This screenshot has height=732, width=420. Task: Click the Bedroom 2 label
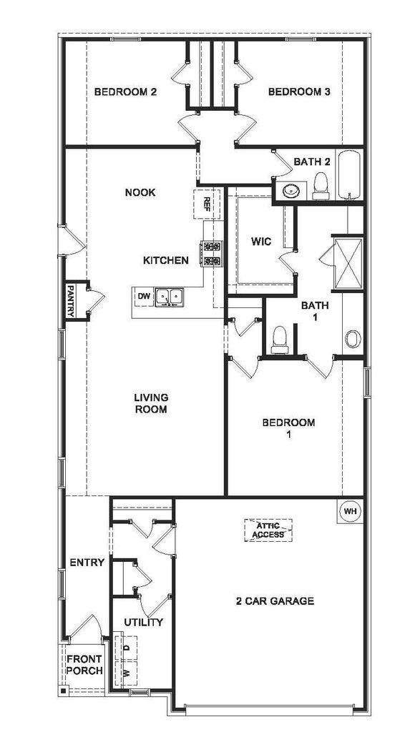tap(125, 91)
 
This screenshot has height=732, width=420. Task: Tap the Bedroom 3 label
tap(299, 91)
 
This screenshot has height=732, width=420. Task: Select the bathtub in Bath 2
tap(349, 174)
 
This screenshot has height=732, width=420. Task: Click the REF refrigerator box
tap(207, 204)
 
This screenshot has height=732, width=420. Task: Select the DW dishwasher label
tap(144, 296)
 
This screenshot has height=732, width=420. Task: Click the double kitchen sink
tap(169, 297)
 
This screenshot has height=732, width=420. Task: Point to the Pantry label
tap(71, 301)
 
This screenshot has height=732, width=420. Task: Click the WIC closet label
tap(260, 242)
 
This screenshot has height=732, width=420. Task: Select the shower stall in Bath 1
tap(348, 264)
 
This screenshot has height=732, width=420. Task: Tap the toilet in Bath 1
tap(279, 339)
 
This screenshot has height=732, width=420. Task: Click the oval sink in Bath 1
tap(353, 339)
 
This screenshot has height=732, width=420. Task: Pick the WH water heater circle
tap(351, 511)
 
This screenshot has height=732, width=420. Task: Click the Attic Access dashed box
tap(268, 530)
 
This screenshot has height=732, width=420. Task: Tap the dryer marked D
tap(126, 648)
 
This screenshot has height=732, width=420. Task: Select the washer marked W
tap(126, 673)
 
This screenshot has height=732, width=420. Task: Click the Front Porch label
tap(84, 665)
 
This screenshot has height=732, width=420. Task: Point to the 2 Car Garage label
tap(275, 600)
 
